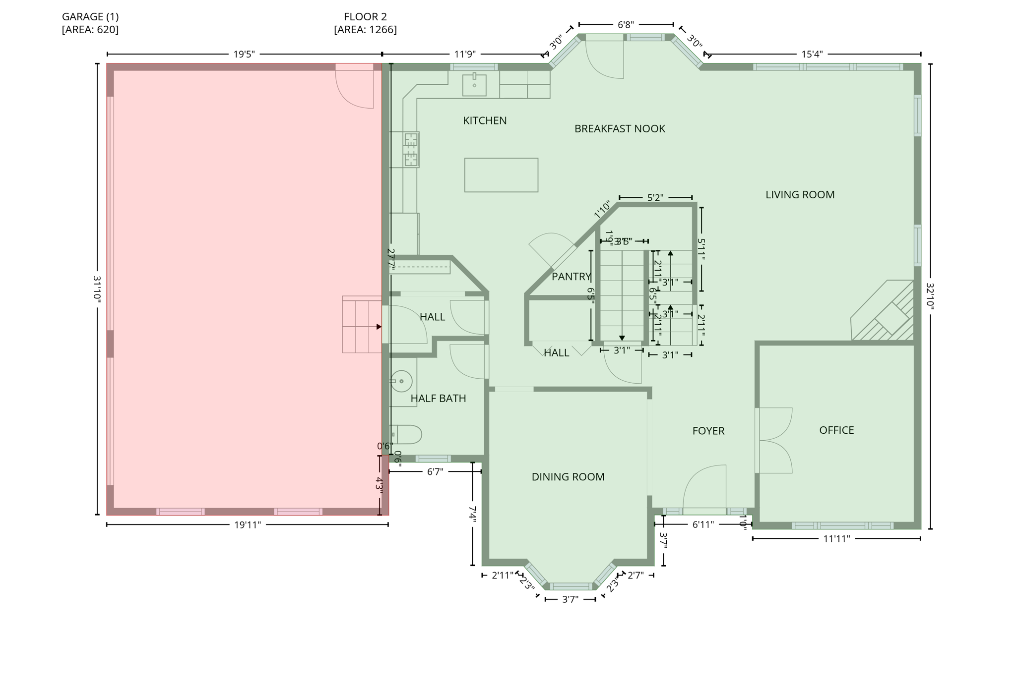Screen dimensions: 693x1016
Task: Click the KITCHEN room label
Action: point(485,120)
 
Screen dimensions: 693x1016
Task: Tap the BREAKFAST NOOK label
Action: point(619,129)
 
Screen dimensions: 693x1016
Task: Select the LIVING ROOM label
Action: point(799,195)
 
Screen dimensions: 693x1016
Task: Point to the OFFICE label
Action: point(836,430)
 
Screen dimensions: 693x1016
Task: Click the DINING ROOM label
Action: point(568,477)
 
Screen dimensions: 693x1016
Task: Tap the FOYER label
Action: point(708,431)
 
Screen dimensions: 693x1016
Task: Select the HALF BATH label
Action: point(438,399)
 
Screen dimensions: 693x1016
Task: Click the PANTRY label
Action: point(571,277)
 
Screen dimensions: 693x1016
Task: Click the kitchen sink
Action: point(474,85)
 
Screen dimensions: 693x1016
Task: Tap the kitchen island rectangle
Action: point(501,175)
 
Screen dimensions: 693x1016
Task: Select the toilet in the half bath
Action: point(407,434)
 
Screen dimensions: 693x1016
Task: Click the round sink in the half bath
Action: point(401,381)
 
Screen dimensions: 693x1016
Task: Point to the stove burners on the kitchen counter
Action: point(411,150)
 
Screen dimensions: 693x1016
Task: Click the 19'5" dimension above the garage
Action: point(244,54)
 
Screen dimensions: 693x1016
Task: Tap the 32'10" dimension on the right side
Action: point(930,296)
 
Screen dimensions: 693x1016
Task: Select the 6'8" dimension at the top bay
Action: point(625,25)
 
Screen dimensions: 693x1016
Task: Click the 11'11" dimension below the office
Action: point(836,539)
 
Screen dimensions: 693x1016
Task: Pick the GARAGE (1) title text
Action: point(90,17)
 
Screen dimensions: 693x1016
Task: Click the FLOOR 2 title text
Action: point(365,17)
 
